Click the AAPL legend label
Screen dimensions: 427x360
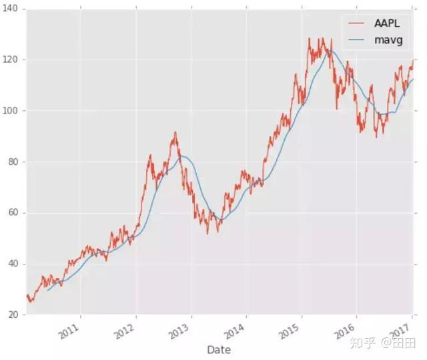tap(387, 23)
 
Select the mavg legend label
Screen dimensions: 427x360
tap(388, 40)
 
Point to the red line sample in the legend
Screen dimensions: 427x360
tap(356, 23)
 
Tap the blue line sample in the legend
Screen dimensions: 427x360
tap(356, 40)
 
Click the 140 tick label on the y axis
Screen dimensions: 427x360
tap(11, 9)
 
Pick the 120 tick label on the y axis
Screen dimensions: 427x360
tap(11, 59)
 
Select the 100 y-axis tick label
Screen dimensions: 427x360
tap(11, 111)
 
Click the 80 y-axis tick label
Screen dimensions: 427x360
tap(13, 162)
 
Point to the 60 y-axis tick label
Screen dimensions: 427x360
tap(13, 213)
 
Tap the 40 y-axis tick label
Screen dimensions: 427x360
tap(13, 264)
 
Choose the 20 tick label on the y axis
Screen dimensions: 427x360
tap(13, 315)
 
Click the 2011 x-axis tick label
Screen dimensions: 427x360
tap(70, 331)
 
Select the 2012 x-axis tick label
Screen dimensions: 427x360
tap(125, 331)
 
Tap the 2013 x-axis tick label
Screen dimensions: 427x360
tap(179, 331)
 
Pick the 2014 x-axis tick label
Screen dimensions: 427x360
tap(235, 331)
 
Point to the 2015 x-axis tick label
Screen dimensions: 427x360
tap(290, 331)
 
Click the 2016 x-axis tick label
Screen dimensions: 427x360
tap(345, 331)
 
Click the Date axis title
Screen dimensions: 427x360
tap(219, 350)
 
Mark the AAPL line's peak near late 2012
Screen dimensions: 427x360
tap(175, 132)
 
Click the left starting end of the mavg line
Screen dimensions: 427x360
tap(47, 291)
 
